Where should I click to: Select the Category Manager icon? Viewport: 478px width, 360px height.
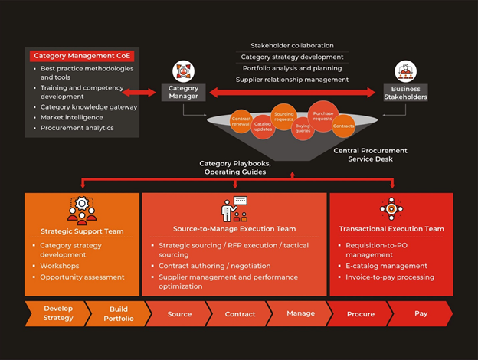point(184,71)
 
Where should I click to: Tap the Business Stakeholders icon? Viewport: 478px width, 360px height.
point(405,71)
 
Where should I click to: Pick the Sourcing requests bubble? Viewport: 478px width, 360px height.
point(284,116)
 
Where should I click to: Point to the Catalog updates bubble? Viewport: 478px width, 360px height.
point(263,126)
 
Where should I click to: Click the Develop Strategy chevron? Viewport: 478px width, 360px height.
point(57,313)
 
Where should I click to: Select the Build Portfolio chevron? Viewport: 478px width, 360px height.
point(117,313)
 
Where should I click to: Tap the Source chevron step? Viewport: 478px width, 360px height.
point(179,313)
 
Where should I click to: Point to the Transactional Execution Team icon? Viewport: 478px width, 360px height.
point(391,209)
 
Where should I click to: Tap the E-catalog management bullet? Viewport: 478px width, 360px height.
point(386,266)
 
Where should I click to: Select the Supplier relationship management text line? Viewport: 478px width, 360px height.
point(292,80)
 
